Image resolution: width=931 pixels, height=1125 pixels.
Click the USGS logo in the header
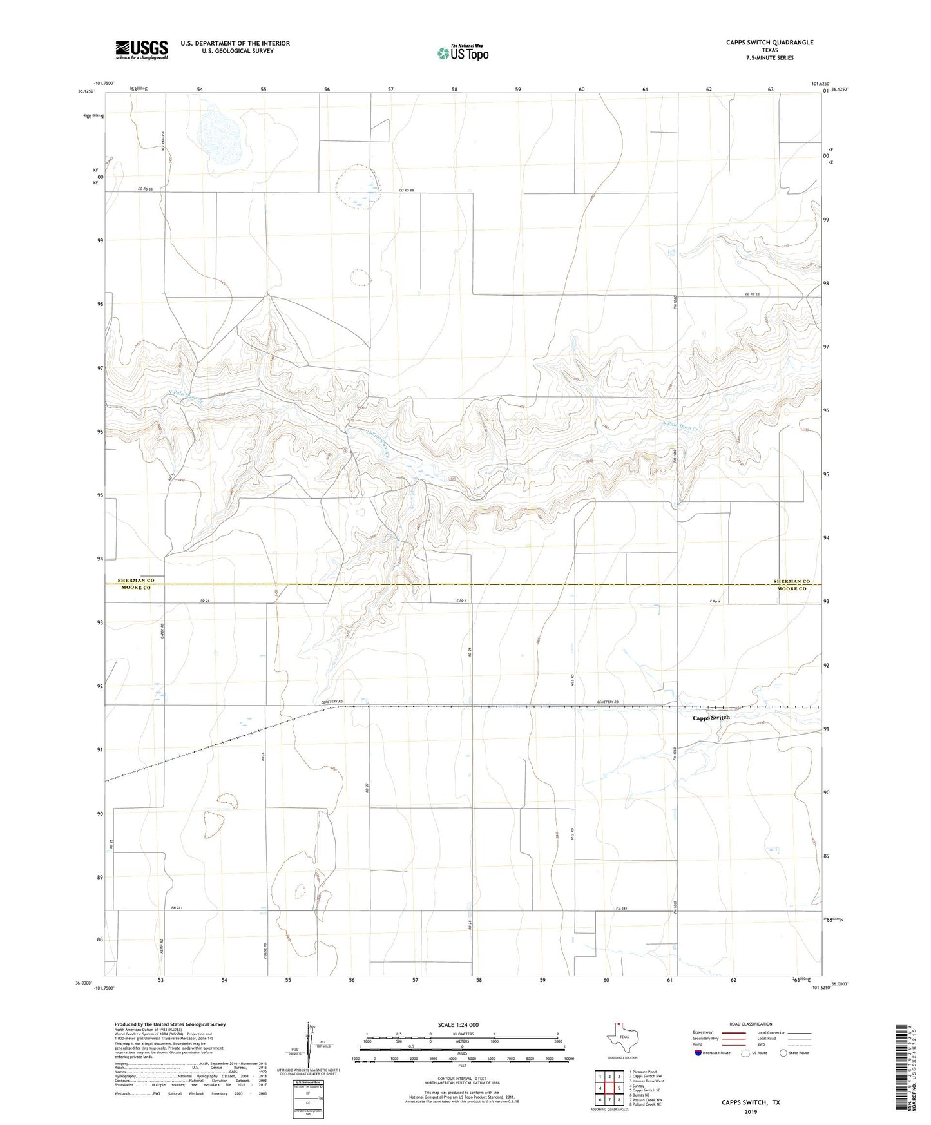point(142,49)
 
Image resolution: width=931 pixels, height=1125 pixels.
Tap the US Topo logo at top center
point(461,53)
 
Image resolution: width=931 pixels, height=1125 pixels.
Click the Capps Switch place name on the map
point(711,718)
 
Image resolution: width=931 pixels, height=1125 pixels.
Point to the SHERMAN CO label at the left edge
point(136,581)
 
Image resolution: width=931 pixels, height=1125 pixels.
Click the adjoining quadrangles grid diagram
point(609,1088)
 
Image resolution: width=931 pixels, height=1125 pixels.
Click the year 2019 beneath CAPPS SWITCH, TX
point(751,1111)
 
